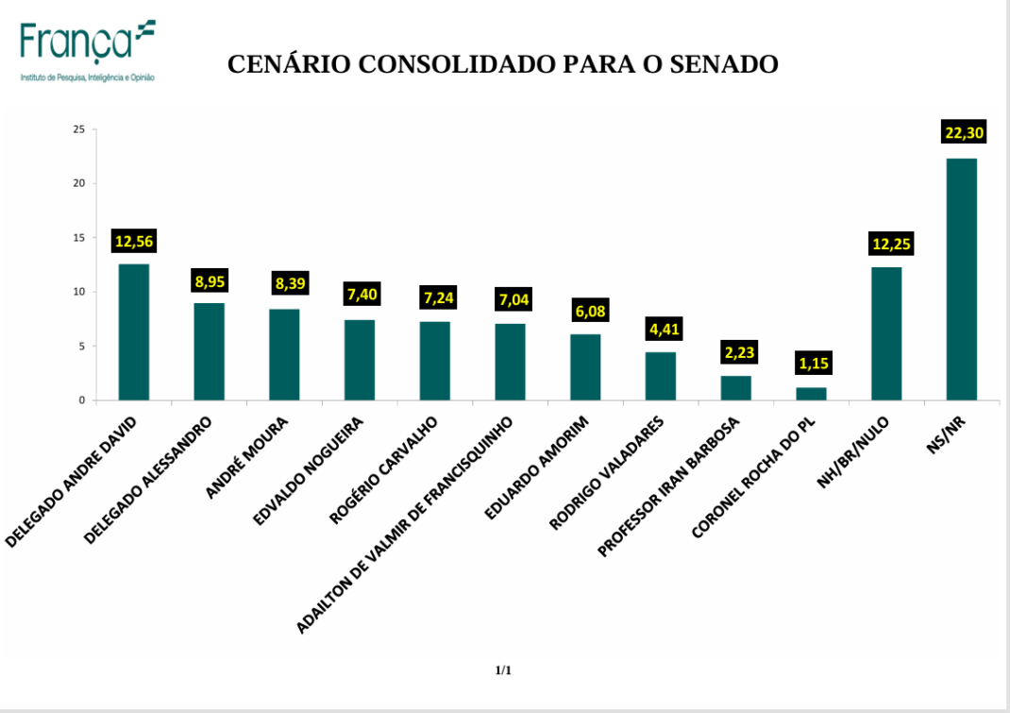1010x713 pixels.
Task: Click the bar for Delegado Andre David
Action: pos(133,331)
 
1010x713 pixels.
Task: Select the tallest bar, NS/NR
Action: pos(962,279)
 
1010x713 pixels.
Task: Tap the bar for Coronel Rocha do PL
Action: pos(811,394)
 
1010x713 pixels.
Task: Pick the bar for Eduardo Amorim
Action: pos(585,367)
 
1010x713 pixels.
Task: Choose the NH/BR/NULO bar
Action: pos(886,333)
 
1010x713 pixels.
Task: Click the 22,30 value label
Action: pos(964,133)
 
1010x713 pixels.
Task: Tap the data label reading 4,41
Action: pos(661,330)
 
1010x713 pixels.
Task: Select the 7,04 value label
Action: pos(510,301)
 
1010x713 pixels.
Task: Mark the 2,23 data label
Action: pos(736,353)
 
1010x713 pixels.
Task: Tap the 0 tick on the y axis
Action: pos(82,400)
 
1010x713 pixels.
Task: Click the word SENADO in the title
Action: pos(721,64)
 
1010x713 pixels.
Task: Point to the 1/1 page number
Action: pos(503,671)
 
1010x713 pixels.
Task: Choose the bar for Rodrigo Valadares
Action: pos(661,376)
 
